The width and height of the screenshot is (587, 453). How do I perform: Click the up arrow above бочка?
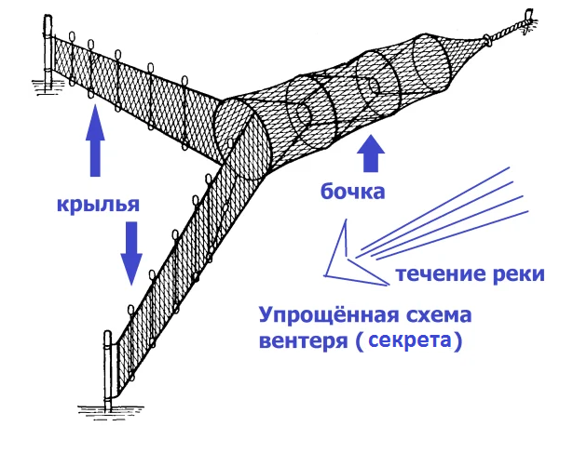pos(373,153)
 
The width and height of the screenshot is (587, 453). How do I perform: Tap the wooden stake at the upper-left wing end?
pos(47,56)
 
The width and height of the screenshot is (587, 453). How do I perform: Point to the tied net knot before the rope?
pos(485,40)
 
